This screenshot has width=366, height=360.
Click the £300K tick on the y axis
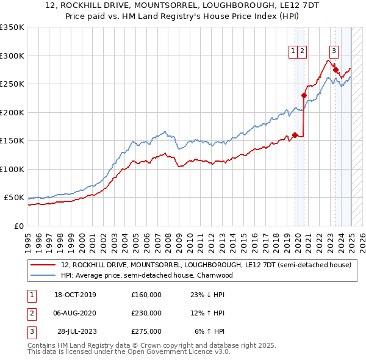pyautogui.click(x=12, y=56)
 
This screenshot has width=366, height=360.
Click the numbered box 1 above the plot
pyautogui.click(x=293, y=51)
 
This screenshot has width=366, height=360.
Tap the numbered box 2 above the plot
pyautogui.click(x=303, y=51)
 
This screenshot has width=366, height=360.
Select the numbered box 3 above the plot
pyautogui.click(x=334, y=51)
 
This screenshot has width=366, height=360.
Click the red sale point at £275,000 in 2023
pyautogui.click(x=335, y=70)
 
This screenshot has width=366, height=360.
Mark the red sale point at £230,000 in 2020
pyautogui.click(x=304, y=95)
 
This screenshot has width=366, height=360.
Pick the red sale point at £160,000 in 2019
pyautogui.click(x=295, y=135)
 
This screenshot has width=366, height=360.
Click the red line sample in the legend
pyautogui.click(x=43, y=265)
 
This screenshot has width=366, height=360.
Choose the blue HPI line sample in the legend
pyautogui.click(x=43, y=275)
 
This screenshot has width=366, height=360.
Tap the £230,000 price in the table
pyautogui.click(x=146, y=313)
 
